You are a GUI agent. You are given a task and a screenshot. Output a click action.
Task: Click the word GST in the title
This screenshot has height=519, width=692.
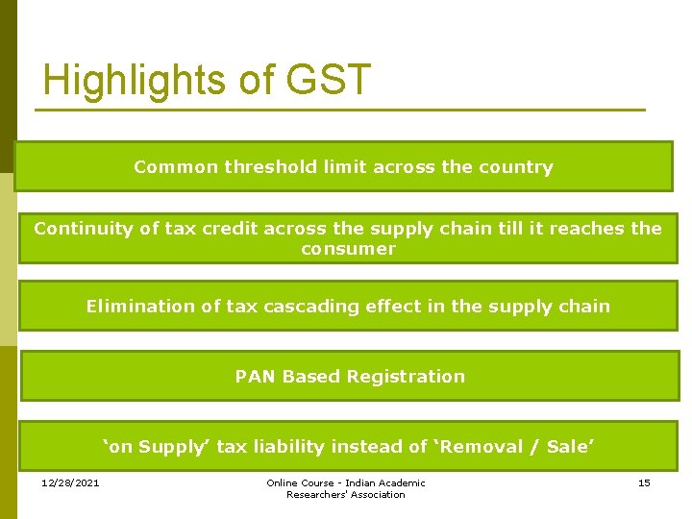pos(326,80)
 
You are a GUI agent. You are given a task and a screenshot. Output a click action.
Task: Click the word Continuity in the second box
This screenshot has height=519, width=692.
pos(80,229)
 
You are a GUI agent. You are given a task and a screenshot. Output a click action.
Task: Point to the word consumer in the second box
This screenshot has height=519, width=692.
pos(348,249)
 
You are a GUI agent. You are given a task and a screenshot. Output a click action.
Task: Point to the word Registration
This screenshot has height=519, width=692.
pos(406,377)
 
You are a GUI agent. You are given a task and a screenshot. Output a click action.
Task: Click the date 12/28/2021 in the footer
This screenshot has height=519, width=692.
pos(70,482)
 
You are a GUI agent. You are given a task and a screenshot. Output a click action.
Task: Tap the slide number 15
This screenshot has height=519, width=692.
pos(644,482)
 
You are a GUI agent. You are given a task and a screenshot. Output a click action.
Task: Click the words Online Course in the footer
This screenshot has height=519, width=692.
pos(300,482)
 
